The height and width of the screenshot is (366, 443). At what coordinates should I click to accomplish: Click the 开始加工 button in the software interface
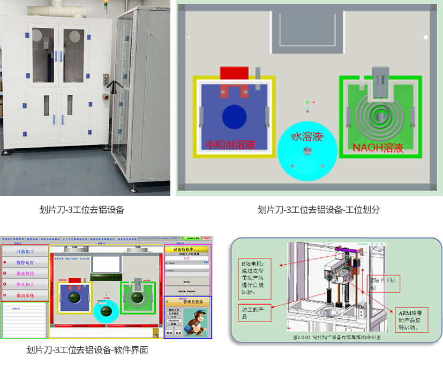click(x=25, y=252)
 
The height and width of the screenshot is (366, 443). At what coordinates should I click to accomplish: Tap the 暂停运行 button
click(x=25, y=263)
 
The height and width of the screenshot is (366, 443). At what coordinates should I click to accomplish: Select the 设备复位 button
click(x=25, y=274)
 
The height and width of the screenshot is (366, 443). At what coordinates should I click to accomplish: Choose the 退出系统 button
click(x=25, y=295)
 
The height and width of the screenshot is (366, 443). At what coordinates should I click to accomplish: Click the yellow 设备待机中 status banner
click(x=186, y=250)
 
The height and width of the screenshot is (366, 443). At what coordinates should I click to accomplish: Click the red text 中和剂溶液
click(x=231, y=144)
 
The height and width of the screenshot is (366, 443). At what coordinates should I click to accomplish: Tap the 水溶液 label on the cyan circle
click(x=306, y=137)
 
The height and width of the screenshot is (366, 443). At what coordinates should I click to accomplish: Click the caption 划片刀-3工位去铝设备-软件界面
click(x=87, y=350)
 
